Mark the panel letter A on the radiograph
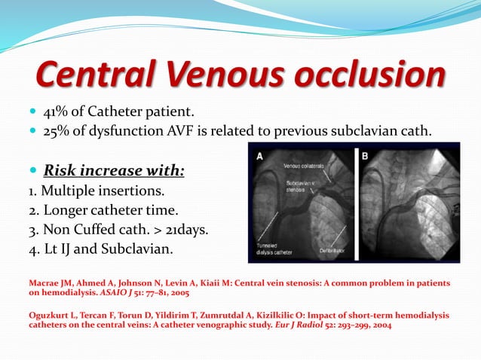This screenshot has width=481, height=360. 259,157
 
